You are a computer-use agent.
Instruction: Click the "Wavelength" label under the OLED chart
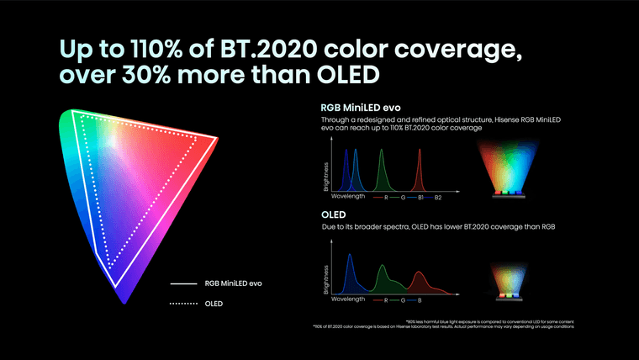coord(347,299)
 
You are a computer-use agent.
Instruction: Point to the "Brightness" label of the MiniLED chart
coord(325,177)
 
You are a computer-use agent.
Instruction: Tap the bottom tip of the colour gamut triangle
coord(124,299)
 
